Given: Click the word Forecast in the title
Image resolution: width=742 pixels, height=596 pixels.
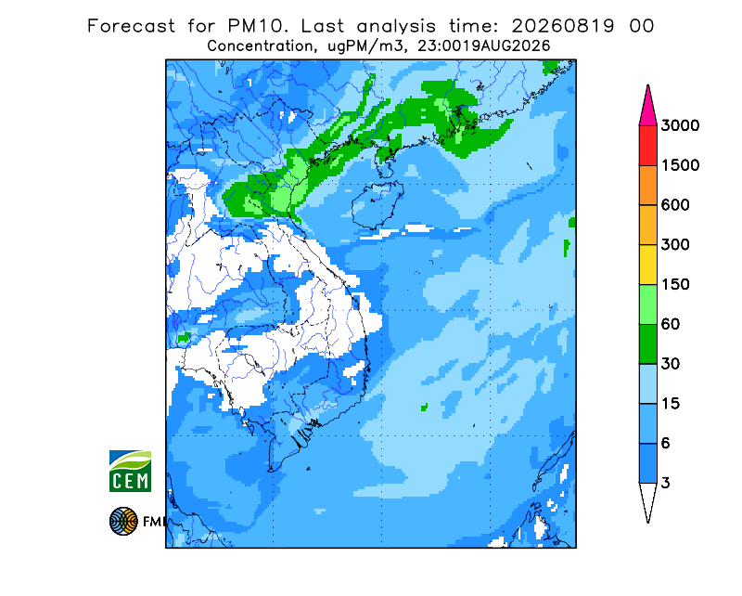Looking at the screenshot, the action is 131,26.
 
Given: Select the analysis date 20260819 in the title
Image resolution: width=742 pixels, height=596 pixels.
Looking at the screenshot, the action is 563,26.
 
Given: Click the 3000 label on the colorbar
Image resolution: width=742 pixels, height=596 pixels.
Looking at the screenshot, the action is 680,125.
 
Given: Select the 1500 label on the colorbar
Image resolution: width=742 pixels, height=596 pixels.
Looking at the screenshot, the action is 680,165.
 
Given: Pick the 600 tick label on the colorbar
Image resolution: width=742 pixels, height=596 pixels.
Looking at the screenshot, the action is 675,205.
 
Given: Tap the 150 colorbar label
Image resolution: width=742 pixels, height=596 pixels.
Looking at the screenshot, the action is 675,285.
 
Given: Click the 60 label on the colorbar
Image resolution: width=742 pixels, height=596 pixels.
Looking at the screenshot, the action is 671,325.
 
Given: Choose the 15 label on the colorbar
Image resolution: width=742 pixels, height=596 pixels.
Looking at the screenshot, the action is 671,404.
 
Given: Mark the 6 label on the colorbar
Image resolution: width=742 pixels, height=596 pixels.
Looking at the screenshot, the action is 666,444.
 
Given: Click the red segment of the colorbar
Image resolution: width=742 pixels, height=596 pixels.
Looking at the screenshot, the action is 647,146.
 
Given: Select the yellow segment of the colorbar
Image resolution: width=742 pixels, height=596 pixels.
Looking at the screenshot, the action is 647,265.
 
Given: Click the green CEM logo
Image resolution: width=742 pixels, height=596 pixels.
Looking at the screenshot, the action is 130,471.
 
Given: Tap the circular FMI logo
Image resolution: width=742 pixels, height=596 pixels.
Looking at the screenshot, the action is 123,521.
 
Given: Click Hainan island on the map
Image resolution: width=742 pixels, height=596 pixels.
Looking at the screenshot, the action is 377,204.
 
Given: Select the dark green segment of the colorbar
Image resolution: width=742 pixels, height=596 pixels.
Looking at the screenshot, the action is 647,344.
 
